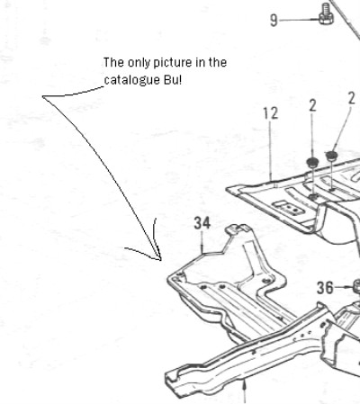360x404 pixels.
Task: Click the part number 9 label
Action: pyautogui.click(x=274, y=21)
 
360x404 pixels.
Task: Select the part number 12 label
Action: pyautogui.click(x=271, y=113)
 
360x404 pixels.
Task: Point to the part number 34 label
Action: pyautogui.click(x=202, y=223)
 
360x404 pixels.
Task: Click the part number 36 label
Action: pyautogui.click(x=325, y=288)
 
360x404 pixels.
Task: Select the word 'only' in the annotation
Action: pyautogui.click(x=139, y=63)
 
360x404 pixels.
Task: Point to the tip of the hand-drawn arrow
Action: pyautogui.click(x=161, y=260)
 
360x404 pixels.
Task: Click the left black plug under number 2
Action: pyautogui.click(x=312, y=162)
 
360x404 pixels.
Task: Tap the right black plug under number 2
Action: pyautogui.click(x=331, y=156)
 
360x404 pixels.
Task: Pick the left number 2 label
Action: pyautogui.click(x=312, y=105)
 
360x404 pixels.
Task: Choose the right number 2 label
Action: pyautogui.click(x=352, y=98)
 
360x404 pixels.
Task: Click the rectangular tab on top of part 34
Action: pyautogui.click(x=237, y=229)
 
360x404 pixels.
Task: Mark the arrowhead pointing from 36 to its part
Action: pyautogui.click(x=350, y=287)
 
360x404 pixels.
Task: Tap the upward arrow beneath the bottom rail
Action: pyautogui.click(x=245, y=391)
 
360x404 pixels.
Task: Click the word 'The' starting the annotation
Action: pyautogui.click(x=114, y=62)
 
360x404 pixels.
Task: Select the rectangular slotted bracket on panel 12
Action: pyautogui.click(x=289, y=208)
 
